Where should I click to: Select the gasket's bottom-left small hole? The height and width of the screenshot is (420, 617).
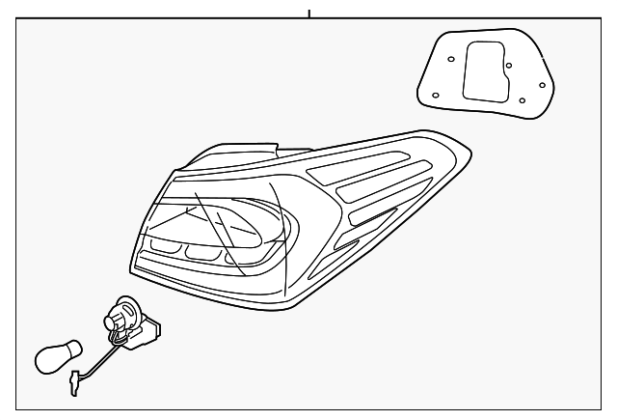pyautogui.click(x=435, y=94)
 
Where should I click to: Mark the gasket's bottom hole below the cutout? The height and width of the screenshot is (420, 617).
pyautogui.click(x=522, y=99)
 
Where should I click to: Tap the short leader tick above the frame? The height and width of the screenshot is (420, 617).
pyautogui.click(x=309, y=14)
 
